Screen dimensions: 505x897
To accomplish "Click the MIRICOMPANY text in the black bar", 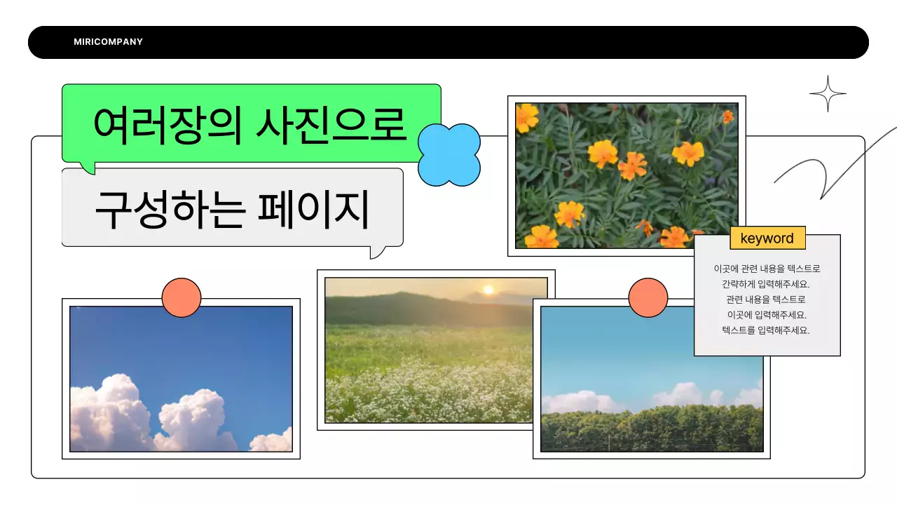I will (108, 42).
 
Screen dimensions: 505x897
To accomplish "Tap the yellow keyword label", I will (767, 238).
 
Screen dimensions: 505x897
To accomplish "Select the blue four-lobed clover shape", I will (449, 155).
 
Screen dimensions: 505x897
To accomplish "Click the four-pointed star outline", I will (828, 93).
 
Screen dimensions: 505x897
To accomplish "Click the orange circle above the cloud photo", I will (182, 297).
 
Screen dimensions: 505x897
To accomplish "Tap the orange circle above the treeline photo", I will (648, 297).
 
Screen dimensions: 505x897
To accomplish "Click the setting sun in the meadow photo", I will (488, 289).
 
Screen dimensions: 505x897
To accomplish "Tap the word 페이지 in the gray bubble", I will (313, 208).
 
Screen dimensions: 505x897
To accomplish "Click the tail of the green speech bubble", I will (87, 168).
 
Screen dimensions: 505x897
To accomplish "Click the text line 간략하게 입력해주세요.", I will (766, 284).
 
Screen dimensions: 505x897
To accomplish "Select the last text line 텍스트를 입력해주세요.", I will (766, 330).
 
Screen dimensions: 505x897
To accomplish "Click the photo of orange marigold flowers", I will (626, 175).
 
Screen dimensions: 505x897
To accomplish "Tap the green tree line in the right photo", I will (652, 428).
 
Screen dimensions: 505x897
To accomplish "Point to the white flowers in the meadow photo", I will (427, 393).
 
